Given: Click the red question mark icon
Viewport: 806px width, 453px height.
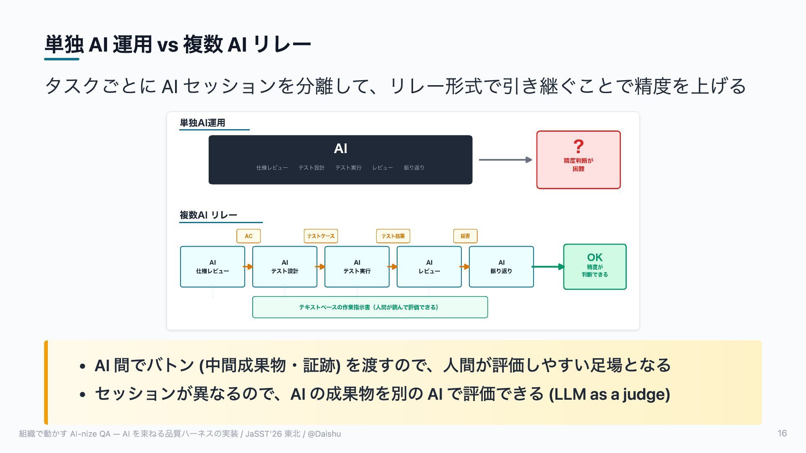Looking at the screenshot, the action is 578,146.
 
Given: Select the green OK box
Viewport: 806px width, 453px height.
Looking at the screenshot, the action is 595,267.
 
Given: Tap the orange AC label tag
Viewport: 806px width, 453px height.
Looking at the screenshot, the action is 249,236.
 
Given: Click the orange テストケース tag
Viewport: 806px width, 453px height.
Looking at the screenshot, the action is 321,236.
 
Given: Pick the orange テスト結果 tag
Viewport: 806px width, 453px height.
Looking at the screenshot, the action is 393,236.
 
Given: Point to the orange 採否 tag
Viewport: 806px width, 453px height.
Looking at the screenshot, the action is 465,236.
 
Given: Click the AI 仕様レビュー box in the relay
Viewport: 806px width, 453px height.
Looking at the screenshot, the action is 212,267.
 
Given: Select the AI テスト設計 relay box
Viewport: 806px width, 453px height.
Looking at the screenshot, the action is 285,267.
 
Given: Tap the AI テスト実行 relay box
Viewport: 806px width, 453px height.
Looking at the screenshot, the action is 357,267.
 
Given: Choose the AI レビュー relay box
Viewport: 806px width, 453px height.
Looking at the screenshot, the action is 429,267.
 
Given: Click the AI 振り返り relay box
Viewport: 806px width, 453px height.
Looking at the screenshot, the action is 501,267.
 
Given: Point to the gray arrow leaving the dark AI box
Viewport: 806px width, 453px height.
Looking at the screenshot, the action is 505,160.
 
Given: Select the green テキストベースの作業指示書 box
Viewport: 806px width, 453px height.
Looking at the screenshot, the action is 370,307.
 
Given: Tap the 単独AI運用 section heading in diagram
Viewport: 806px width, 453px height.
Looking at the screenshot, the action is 202,123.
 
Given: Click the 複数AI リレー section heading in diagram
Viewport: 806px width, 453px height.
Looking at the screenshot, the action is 208,215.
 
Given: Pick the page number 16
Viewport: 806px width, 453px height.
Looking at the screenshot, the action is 782,434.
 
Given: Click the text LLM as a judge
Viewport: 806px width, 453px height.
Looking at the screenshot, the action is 610,394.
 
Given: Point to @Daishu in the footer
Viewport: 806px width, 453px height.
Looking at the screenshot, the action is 324,434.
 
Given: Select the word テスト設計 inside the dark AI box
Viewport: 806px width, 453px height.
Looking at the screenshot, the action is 311,168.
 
